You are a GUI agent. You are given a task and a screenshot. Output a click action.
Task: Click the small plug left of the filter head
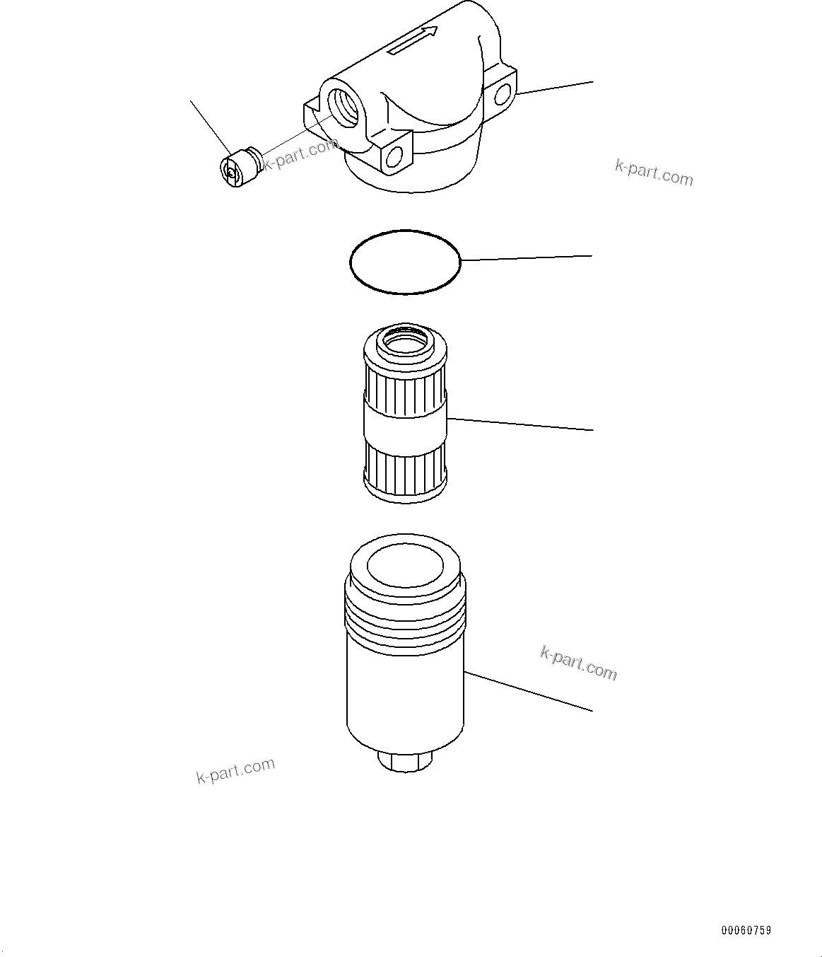237,168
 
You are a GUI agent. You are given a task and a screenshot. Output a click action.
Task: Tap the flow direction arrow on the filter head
413,42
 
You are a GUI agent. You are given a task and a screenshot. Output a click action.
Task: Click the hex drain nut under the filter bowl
406,762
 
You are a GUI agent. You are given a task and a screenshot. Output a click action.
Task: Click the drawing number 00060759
746,931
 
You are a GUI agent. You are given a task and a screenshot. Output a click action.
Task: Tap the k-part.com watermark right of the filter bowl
578,663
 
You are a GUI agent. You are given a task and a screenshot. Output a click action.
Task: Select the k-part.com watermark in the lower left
235,771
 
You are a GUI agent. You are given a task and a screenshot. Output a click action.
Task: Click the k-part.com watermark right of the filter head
654,172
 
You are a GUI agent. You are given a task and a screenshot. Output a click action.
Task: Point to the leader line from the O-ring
527,258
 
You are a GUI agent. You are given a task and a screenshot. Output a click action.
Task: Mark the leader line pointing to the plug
211,127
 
